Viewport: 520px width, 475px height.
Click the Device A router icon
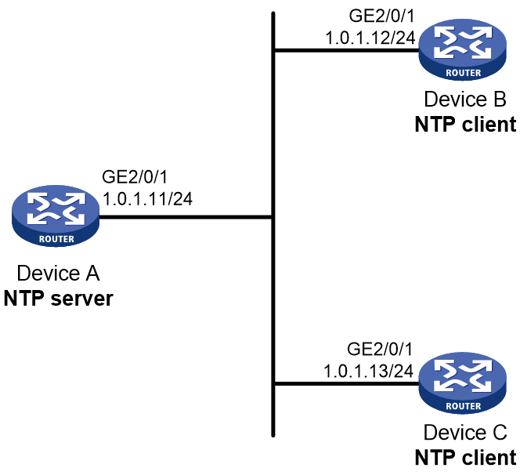click(56, 216)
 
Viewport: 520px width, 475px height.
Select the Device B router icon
click(463, 49)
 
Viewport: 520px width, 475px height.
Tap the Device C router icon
click(463, 383)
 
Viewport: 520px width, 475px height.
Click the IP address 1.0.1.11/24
click(147, 199)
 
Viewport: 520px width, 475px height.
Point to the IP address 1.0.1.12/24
click(370, 38)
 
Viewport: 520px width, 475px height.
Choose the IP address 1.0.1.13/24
click(368, 371)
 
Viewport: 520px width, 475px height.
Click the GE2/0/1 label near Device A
click(135, 177)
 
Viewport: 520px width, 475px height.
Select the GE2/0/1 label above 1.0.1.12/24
click(382, 16)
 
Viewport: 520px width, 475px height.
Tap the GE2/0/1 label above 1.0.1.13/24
click(380, 350)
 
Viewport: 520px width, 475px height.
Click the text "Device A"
click(58, 274)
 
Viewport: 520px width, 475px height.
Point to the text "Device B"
click(465, 99)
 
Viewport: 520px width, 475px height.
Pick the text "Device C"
click(465, 432)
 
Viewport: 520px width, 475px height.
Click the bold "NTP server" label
click(59, 299)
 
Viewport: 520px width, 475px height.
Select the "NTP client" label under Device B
click(466, 125)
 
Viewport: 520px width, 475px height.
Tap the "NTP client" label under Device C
click(466, 458)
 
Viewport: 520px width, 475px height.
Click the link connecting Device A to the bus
click(186, 217)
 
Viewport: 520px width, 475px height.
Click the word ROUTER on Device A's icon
click(56, 239)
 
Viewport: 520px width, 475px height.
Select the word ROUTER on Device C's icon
click(464, 406)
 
